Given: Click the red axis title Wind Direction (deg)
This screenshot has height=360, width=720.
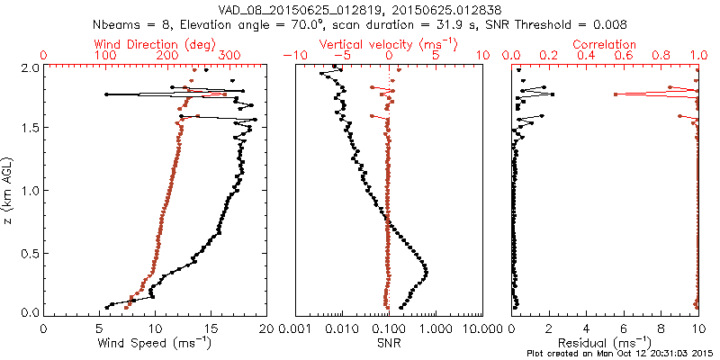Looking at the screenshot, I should tap(155, 43).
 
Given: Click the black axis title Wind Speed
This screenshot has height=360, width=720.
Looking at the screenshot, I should tap(155, 343).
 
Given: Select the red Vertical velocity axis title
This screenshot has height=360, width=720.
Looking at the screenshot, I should tap(388, 43).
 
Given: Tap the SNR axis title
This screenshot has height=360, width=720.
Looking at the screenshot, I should tap(388, 342).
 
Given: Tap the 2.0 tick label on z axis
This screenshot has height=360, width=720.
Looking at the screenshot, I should tap(29, 67).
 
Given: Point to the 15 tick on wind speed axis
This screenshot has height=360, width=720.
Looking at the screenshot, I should tap(211, 328).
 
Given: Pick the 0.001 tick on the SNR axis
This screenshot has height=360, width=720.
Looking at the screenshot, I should tap(296, 328).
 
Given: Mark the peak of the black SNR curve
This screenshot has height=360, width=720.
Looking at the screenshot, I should tap(426, 272).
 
